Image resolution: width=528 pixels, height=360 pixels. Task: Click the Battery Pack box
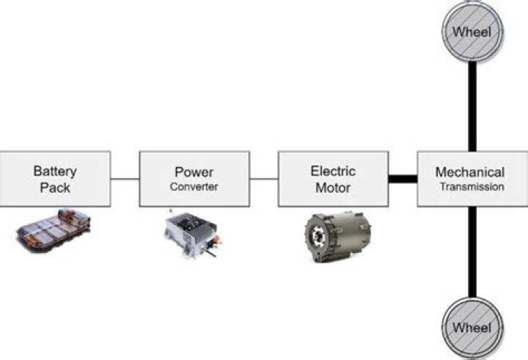[x=55, y=178]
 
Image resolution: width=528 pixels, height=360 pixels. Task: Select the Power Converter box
[x=194, y=178]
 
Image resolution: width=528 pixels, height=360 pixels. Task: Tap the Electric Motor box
[x=332, y=178]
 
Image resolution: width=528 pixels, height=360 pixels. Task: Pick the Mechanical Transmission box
[x=470, y=178]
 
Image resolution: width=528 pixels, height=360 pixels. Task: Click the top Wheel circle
[x=472, y=32]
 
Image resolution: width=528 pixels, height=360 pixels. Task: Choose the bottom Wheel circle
[x=472, y=326]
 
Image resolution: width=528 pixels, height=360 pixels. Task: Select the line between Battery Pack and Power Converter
[x=125, y=178]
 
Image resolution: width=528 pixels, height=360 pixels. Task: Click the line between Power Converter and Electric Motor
[x=263, y=178]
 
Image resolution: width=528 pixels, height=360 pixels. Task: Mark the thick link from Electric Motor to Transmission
[x=402, y=178]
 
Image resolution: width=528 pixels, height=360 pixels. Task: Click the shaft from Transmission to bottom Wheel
[x=472, y=253]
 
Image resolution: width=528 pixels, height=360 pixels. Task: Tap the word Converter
[x=194, y=187]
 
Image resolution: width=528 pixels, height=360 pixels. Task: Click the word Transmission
[x=472, y=187]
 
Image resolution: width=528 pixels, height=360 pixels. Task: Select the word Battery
[x=55, y=171]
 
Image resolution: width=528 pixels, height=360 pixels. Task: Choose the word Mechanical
[x=470, y=172]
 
